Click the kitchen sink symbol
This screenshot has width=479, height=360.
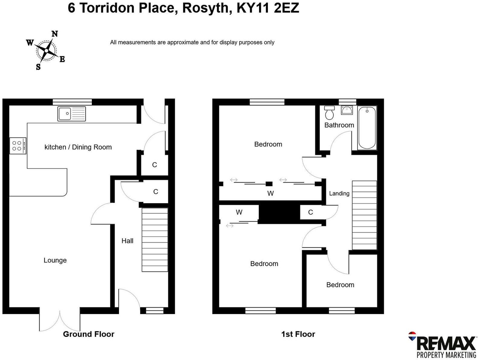[72, 114]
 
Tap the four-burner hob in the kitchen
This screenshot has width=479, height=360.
[18, 146]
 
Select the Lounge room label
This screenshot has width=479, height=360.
[55, 260]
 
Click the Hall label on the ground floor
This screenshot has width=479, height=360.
[127, 241]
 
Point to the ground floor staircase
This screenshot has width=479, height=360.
[155, 240]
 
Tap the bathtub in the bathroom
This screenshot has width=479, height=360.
[367, 128]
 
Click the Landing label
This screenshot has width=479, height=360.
[339, 194]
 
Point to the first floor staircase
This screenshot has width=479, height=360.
[365, 215]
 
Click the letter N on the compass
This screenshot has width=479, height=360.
[54, 34]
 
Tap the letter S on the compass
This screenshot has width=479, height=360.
[38, 67]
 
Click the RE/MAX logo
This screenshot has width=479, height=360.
[443, 345]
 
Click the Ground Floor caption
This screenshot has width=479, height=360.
[88, 334]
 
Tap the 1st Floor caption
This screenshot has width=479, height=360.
[298, 334]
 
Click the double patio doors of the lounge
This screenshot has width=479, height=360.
[60, 320]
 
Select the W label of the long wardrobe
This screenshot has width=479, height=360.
[270, 193]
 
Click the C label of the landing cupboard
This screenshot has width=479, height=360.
[310, 212]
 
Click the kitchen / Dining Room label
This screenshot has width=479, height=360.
[78, 147]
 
